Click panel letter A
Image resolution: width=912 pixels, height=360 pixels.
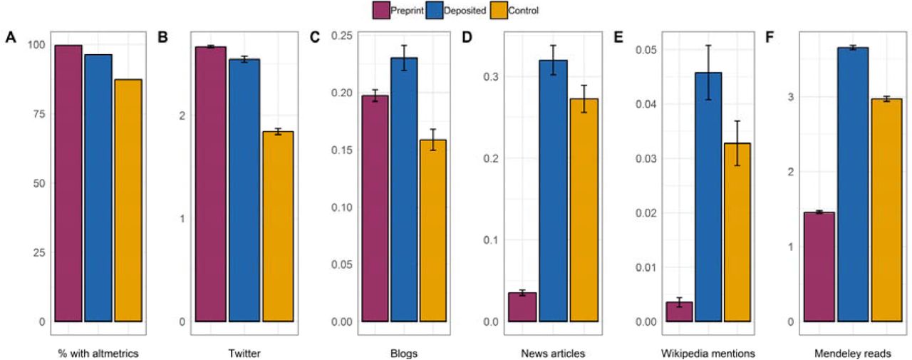tap(10, 38)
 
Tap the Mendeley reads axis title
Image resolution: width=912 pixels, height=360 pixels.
tap(853, 352)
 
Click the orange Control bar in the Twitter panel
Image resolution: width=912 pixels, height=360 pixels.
tap(278, 227)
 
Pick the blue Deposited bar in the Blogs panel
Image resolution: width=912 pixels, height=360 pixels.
tap(404, 190)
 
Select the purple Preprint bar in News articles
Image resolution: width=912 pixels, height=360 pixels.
tap(522, 307)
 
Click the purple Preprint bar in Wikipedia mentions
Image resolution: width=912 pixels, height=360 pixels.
tap(679, 312)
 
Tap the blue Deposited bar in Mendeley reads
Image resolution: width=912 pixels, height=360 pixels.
tap(853, 185)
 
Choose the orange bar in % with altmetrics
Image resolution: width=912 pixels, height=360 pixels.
tap(128, 200)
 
